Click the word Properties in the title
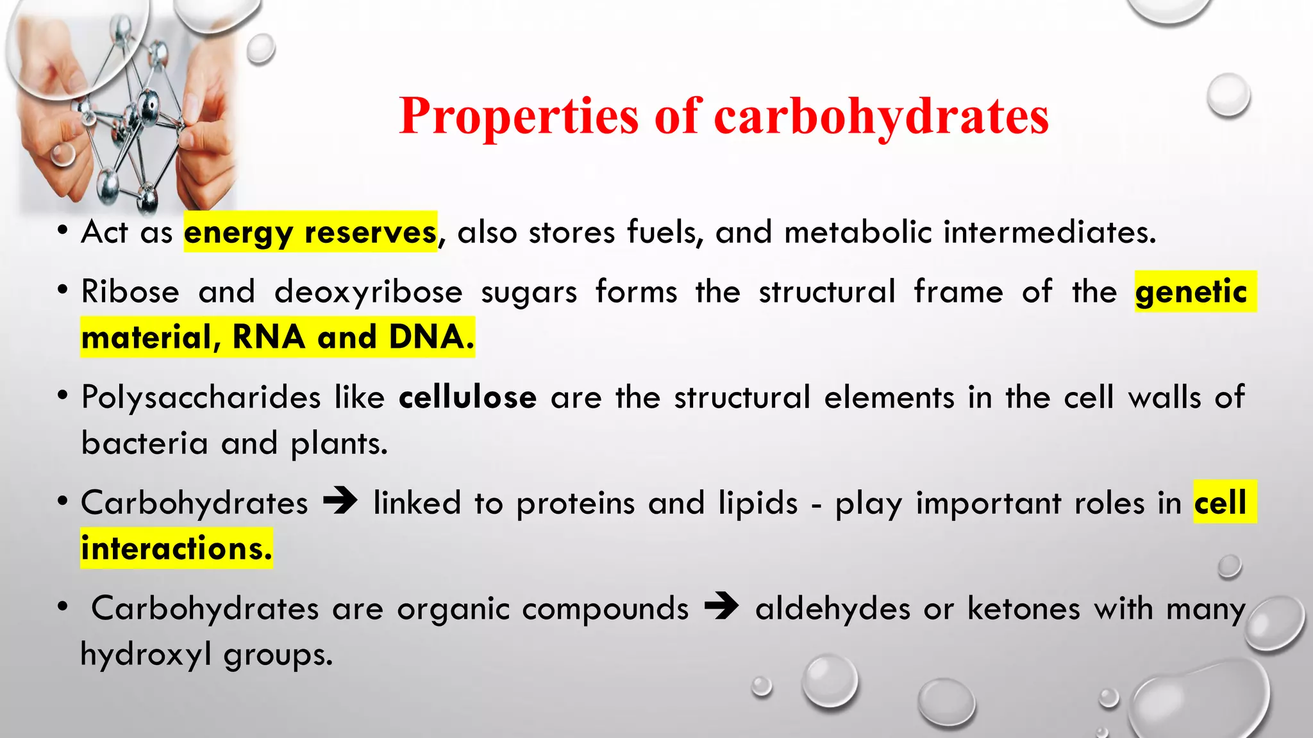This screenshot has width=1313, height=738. pyautogui.click(x=518, y=117)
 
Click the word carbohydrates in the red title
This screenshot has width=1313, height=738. pyautogui.click(x=881, y=117)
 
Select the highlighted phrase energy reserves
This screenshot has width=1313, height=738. pyautogui.click(x=310, y=232)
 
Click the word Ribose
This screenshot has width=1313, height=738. pyautogui.click(x=130, y=292)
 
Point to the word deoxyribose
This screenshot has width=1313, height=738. pyautogui.click(x=368, y=292)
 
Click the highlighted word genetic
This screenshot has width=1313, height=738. pyautogui.click(x=1191, y=292)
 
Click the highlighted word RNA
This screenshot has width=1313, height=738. pyautogui.click(x=268, y=337)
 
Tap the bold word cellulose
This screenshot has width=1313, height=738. pyautogui.click(x=467, y=397)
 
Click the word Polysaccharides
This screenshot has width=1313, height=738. pyautogui.click(x=201, y=397)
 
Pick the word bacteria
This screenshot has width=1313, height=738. pyautogui.click(x=145, y=443)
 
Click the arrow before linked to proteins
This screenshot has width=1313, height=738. pyautogui.click(x=340, y=501)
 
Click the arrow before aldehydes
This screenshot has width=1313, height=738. pyautogui.click(x=721, y=606)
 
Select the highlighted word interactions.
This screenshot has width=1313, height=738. pyautogui.click(x=176, y=548)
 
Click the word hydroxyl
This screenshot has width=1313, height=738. pyautogui.click(x=146, y=655)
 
